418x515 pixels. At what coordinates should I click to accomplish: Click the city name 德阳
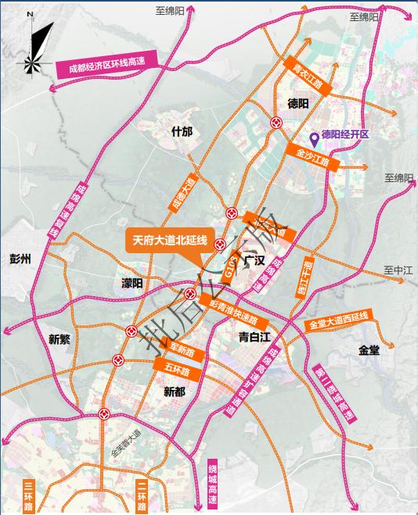pyautogui.click(x=298, y=103)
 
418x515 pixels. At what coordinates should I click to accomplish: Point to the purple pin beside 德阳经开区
pyautogui.click(x=314, y=139)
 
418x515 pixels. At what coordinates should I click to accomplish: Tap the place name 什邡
pyautogui.click(x=181, y=131)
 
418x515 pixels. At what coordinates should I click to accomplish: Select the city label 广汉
pyautogui.click(x=254, y=259)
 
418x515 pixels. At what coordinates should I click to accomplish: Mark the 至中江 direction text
pyautogui.click(x=398, y=270)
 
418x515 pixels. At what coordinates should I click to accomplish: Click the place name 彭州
pyautogui.click(x=20, y=259)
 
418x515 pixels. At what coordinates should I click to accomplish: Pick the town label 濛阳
pyautogui.click(x=132, y=283)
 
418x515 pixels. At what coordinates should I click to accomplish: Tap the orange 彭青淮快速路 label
pyautogui.click(x=232, y=313)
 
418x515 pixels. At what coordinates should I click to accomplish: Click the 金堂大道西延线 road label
pyautogui.click(x=337, y=321)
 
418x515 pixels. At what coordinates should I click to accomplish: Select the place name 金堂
pyautogui.click(x=369, y=351)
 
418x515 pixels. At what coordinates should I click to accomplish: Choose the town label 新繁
pyautogui.click(x=59, y=339)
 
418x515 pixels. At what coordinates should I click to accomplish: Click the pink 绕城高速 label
pyautogui.click(x=212, y=484)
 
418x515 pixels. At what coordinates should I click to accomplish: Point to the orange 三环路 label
pyautogui.click(x=29, y=495)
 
